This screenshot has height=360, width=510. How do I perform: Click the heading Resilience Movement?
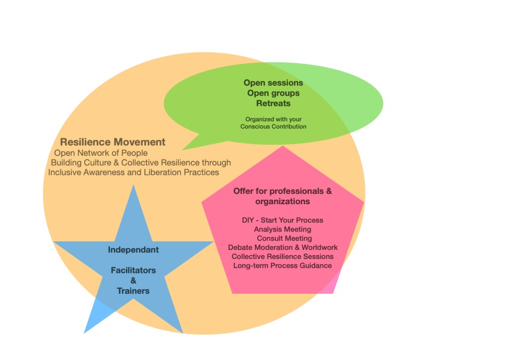113,142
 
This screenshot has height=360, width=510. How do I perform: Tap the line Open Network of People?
101,153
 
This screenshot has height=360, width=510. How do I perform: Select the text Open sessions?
273,83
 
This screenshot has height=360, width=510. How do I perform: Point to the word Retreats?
273,104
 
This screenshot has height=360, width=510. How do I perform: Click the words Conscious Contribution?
273,126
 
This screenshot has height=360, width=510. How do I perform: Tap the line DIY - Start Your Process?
282,220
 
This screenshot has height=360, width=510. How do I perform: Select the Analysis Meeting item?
282,229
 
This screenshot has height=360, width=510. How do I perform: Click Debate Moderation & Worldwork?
283,247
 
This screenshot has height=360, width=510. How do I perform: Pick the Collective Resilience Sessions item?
282,256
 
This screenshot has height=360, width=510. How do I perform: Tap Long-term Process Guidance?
282,265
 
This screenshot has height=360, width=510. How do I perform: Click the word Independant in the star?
133,249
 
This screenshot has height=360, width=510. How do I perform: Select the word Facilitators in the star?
133,270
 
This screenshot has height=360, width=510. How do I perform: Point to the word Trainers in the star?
133,291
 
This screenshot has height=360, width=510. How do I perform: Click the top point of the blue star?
133,186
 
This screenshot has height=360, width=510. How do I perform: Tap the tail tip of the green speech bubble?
183,149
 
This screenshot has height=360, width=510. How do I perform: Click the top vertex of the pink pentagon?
283,146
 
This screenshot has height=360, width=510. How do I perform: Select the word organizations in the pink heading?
282,201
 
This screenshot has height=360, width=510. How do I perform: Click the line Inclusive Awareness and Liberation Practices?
133,172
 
